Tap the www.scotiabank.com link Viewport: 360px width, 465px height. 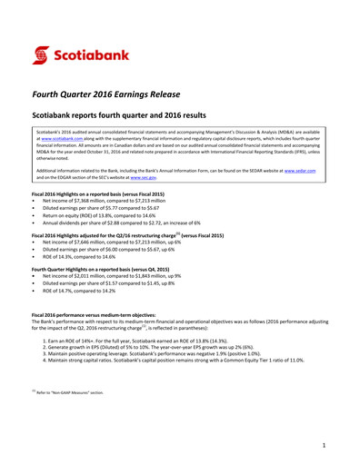coord(61,137)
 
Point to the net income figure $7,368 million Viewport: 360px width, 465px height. coord(99,201)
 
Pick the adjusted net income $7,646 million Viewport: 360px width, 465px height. coord(99,242)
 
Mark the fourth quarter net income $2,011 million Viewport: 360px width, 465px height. coord(99,276)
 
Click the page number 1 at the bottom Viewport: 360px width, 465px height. coord(323,448)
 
